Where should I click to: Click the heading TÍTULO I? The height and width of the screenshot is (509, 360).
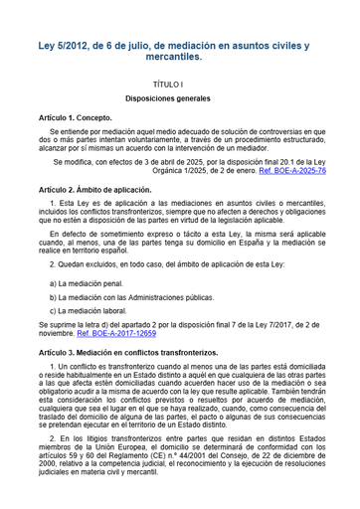pos(180,85)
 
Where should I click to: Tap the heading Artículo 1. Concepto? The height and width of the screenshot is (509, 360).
pos(79,118)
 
